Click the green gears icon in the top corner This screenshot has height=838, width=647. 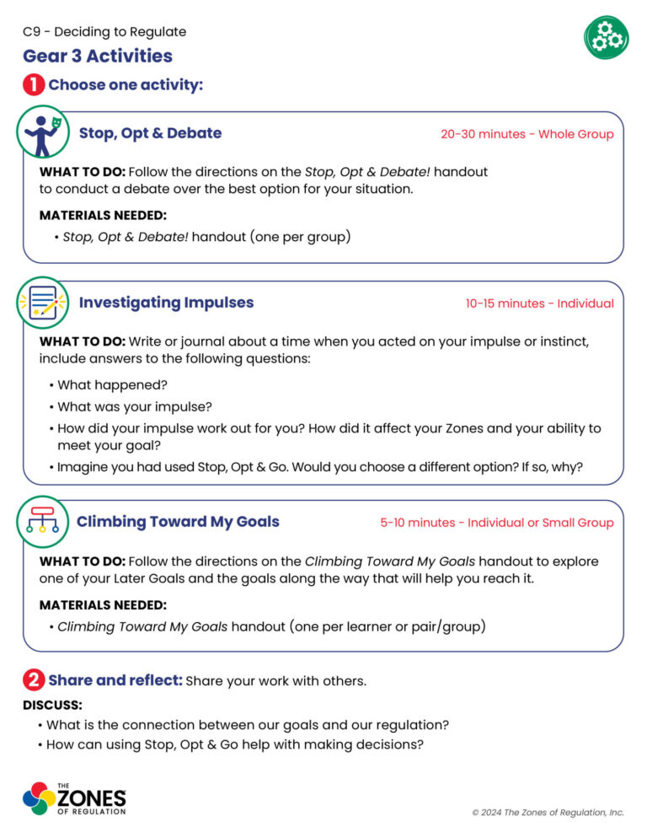[x=606, y=37]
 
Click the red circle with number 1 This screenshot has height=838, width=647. [x=34, y=85]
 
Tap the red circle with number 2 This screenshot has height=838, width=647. [x=34, y=680]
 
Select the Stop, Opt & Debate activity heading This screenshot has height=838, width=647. [x=150, y=133]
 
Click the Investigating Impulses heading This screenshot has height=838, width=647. [x=166, y=303]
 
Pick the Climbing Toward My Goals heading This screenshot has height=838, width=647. [x=178, y=522]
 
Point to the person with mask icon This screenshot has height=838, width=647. [x=42, y=132]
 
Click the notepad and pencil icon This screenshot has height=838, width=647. [x=43, y=303]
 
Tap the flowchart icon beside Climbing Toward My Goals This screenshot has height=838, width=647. [x=43, y=522]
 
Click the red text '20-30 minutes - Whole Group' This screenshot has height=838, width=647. [x=527, y=134]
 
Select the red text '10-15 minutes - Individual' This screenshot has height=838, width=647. [x=539, y=304]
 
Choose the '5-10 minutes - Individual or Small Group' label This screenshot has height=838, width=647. [x=496, y=523]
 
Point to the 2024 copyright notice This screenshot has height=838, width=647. [x=548, y=812]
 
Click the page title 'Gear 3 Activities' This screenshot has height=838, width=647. [x=98, y=56]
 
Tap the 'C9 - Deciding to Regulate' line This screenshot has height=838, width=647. [x=104, y=32]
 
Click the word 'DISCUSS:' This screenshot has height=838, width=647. [x=52, y=705]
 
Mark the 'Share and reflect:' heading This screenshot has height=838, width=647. [x=115, y=680]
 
